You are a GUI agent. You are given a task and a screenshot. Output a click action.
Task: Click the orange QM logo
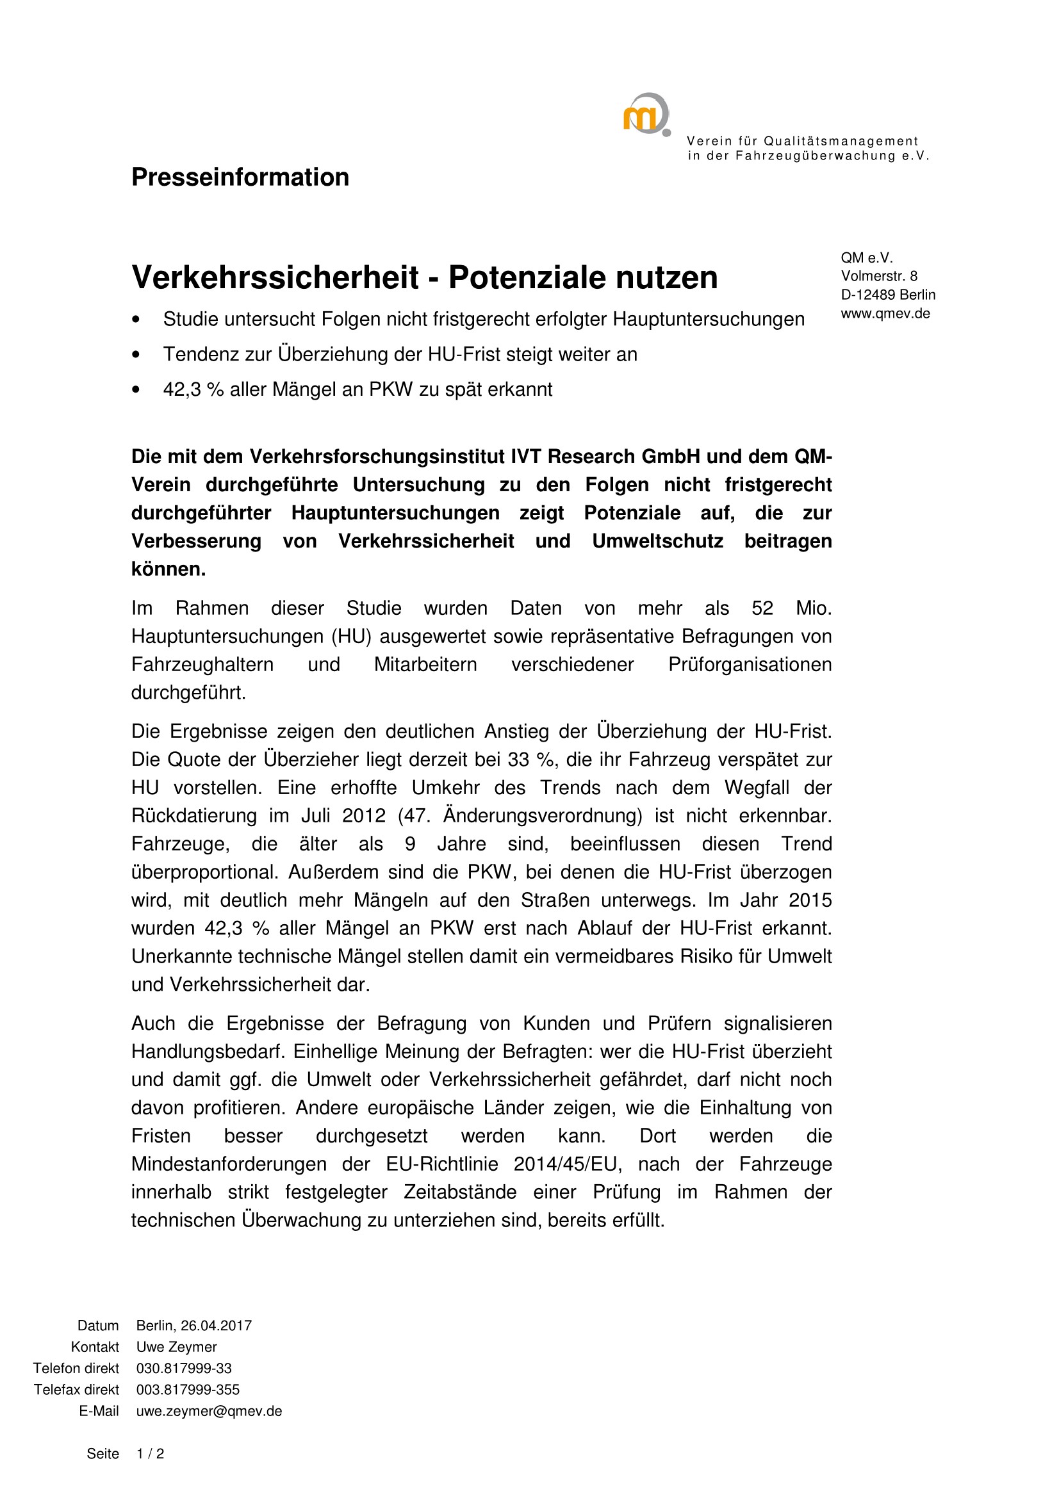coord(645,115)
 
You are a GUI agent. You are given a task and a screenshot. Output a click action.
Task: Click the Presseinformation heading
coord(240,177)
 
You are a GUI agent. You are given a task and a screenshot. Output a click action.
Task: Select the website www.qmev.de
coord(885,314)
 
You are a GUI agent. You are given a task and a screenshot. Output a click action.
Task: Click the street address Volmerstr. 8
coord(878,276)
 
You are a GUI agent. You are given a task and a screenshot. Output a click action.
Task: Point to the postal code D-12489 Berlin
coord(887,295)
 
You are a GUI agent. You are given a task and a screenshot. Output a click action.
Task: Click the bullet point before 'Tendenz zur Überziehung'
coord(136,355)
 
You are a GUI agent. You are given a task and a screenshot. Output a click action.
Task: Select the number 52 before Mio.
coord(762,608)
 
